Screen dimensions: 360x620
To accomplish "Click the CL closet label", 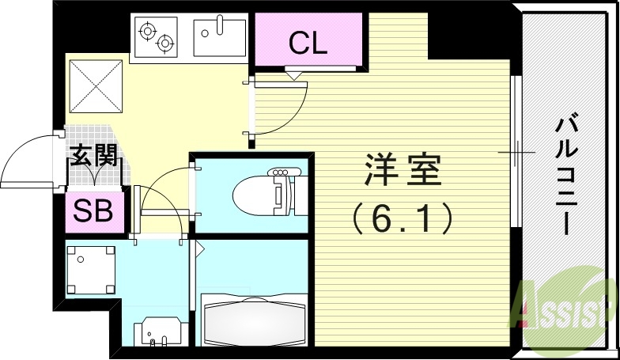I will click(308, 44).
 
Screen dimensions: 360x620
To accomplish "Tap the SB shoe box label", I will click(93, 210).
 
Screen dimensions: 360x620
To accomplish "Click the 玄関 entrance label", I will click(94, 155).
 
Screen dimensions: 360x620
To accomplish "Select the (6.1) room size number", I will click(403, 216).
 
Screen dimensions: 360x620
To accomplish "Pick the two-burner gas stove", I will click(156, 35).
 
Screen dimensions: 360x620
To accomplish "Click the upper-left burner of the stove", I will click(147, 30).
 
